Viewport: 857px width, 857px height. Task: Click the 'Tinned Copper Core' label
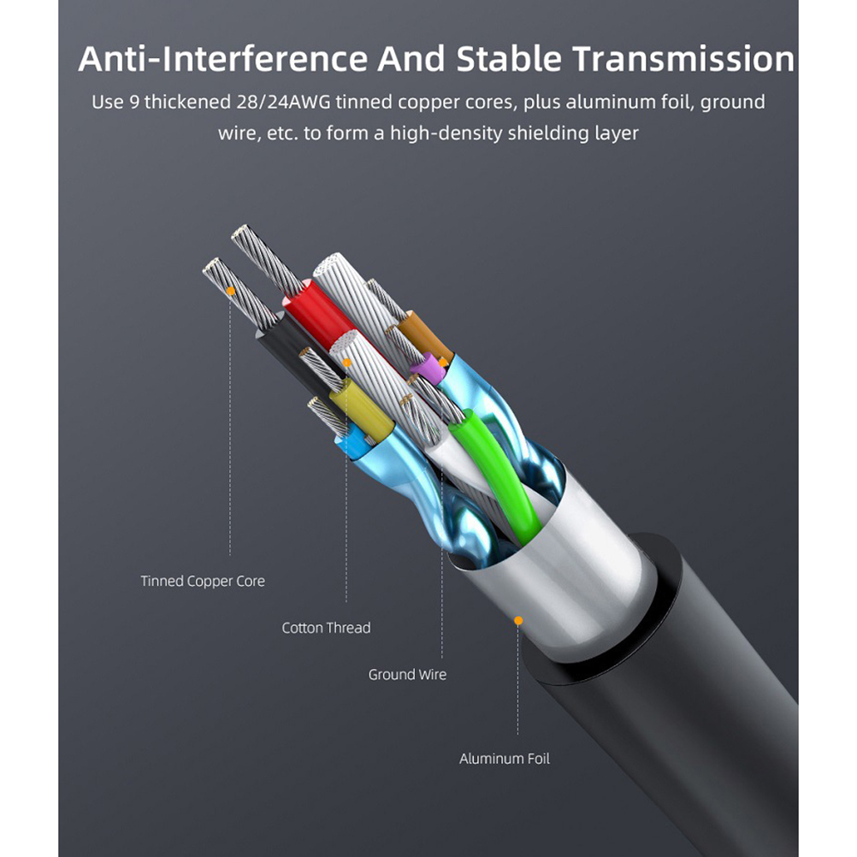pyautogui.click(x=203, y=581)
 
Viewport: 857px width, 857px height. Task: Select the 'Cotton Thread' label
pyautogui.click(x=327, y=628)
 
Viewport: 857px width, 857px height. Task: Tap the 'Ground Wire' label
pyautogui.click(x=407, y=675)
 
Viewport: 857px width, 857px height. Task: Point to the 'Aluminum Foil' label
pyautogui.click(x=505, y=759)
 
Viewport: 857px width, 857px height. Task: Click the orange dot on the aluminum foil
pyautogui.click(x=518, y=620)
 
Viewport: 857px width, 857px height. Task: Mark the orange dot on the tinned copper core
pyautogui.click(x=231, y=292)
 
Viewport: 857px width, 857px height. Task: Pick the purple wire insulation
pyautogui.click(x=429, y=368)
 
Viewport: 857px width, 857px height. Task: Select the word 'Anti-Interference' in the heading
pyautogui.click(x=223, y=58)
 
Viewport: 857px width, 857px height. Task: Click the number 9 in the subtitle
pyautogui.click(x=134, y=102)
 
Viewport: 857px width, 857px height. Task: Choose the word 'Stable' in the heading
pyautogui.click(x=509, y=58)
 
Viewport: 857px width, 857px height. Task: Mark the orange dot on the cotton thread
pyautogui.click(x=346, y=363)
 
